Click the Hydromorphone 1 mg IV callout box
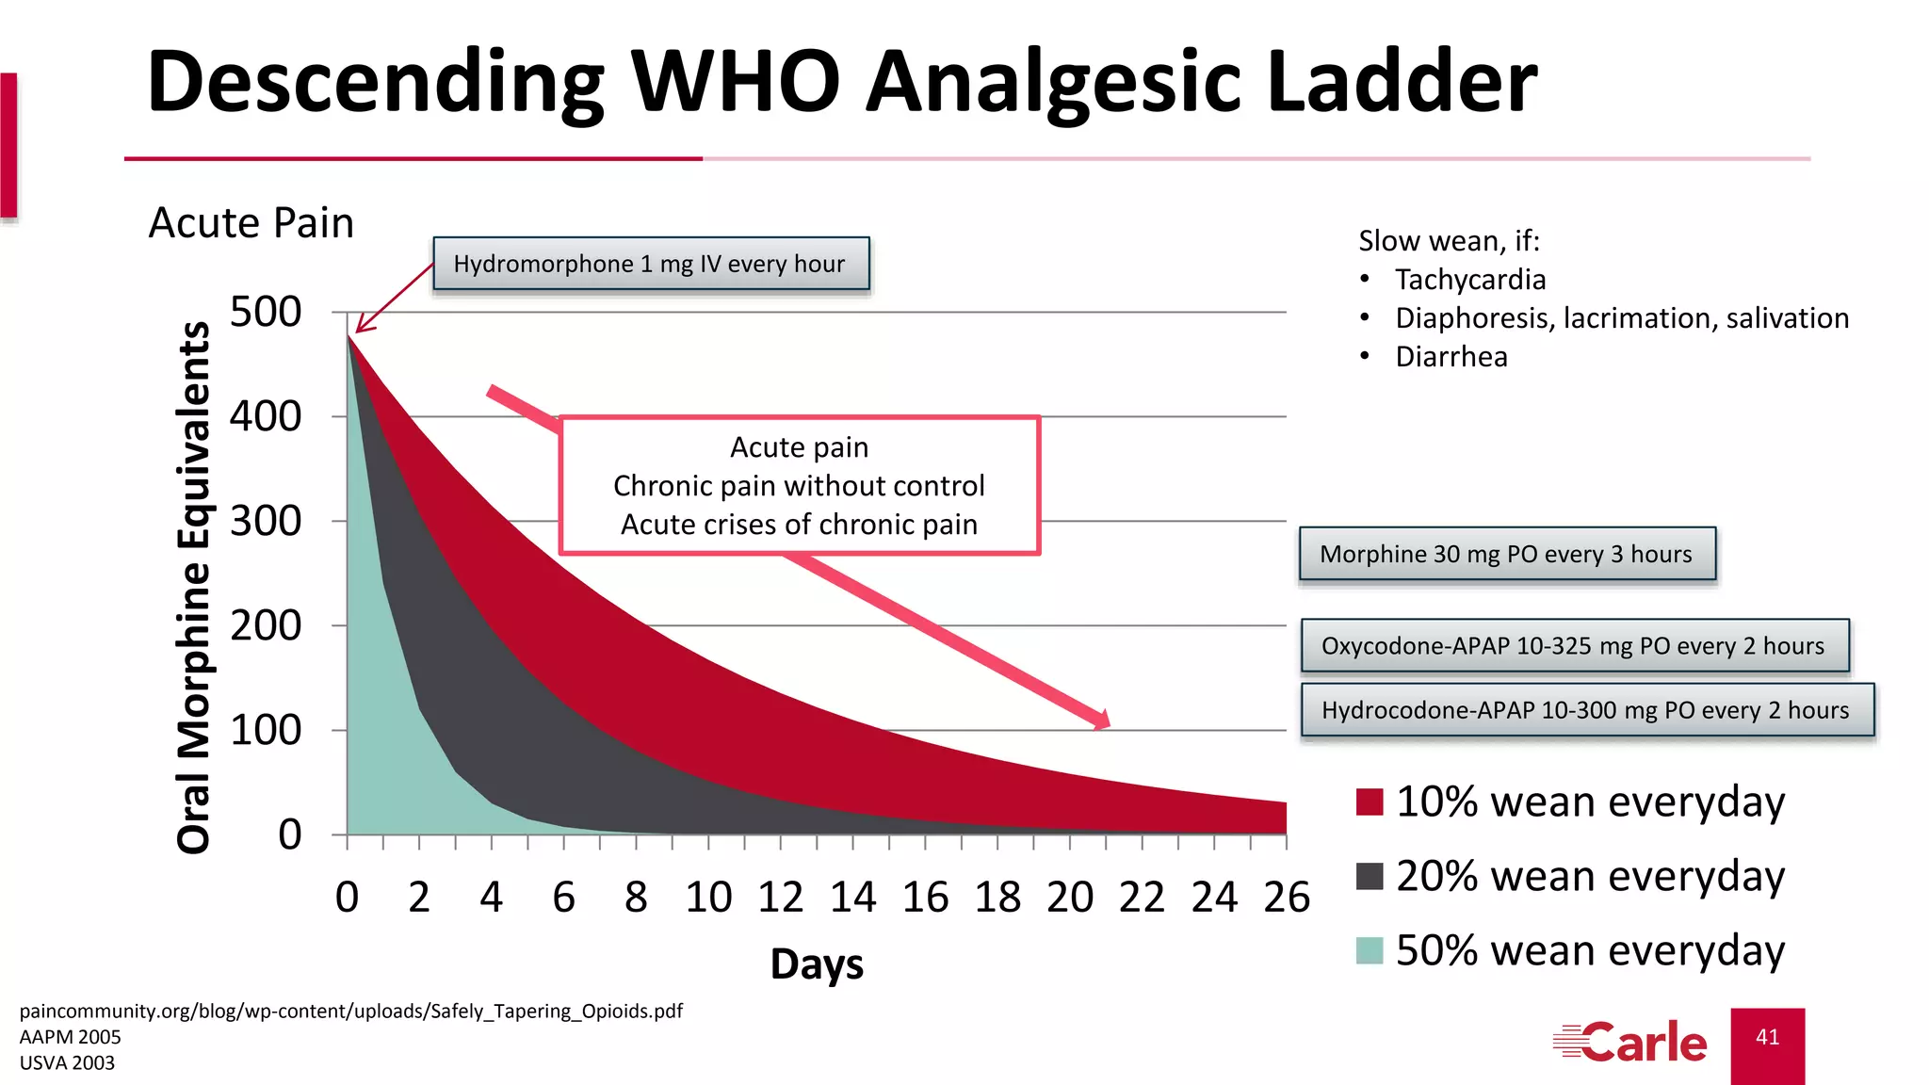(x=651, y=264)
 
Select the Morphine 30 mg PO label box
(x=1506, y=554)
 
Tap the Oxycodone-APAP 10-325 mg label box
(x=1574, y=646)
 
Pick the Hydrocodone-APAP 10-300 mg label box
(x=1586, y=710)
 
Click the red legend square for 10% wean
(x=1370, y=802)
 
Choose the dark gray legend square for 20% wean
(x=1370, y=876)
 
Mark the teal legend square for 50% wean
(x=1370, y=950)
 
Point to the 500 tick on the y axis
(x=266, y=312)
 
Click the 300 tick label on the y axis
(x=266, y=521)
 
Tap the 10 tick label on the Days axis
(x=708, y=897)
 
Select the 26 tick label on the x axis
(x=1287, y=897)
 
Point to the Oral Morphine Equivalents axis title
(x=194, y=588)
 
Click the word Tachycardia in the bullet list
(x=1470, y=280)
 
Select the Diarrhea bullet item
(x=1451, y=357)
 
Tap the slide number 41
(x=1768, y=1037)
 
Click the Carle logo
(x=1630, y=1043)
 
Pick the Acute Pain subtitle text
(x=251, y=223)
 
